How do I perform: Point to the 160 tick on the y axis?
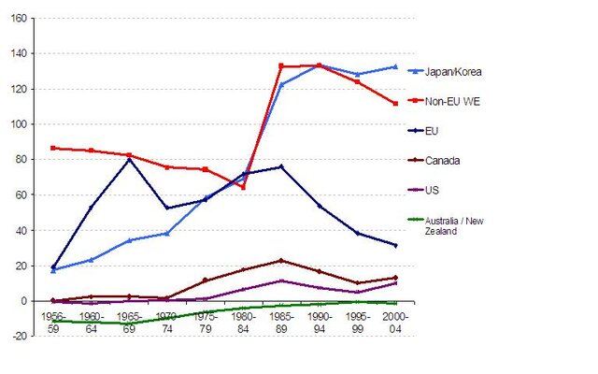[x=19, y=18]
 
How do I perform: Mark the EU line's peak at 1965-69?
[x=129, y=160]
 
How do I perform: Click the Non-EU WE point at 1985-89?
[x=281, y=66]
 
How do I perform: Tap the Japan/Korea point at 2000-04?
[x=395, y=67]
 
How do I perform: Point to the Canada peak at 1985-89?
[x=281, y=261]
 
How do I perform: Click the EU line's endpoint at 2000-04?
[x=395, y=245]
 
